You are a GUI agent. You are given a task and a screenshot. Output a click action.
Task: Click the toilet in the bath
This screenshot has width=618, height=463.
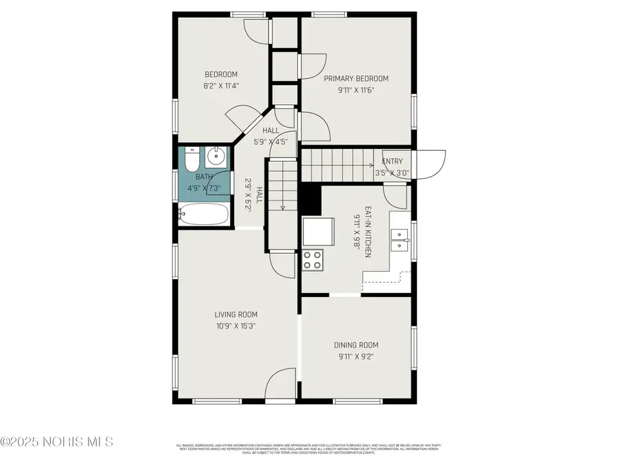(192, 161)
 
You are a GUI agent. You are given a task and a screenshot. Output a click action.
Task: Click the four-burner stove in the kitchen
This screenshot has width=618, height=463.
(313, 260)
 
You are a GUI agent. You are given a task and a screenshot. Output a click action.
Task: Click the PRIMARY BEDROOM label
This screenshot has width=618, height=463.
(356, 79)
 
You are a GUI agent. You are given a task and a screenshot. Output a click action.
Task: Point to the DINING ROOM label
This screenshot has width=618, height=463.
(356, 345)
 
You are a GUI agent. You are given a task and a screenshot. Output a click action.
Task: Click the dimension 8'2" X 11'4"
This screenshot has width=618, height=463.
(221, 86)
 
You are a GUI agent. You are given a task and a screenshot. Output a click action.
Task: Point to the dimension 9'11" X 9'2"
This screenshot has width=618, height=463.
(356, 357)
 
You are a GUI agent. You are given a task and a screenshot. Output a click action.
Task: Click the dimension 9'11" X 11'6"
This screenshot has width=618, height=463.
(356, 90)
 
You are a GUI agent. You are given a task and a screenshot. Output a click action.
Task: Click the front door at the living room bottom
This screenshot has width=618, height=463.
(281, 384)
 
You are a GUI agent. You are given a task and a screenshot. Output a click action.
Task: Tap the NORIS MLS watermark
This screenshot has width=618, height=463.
(58, 441)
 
